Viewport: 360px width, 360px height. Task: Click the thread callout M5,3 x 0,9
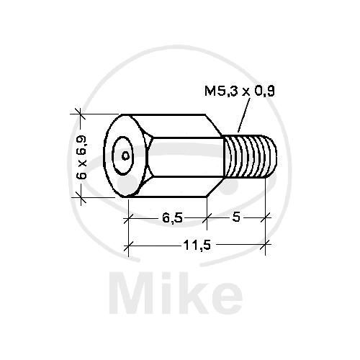click(240, 91)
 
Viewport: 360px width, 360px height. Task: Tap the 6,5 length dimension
click(173, 218)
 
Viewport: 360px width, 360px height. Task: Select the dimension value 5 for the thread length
click(236, 217)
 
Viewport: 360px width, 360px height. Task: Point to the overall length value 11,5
click(197, 246)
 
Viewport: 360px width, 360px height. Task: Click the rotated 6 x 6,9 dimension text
click(81, 157)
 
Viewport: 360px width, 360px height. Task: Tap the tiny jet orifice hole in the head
click(125, 156)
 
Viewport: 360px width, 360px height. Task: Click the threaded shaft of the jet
click(250, 156)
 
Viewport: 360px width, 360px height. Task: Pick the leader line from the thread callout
click(244, 114)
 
